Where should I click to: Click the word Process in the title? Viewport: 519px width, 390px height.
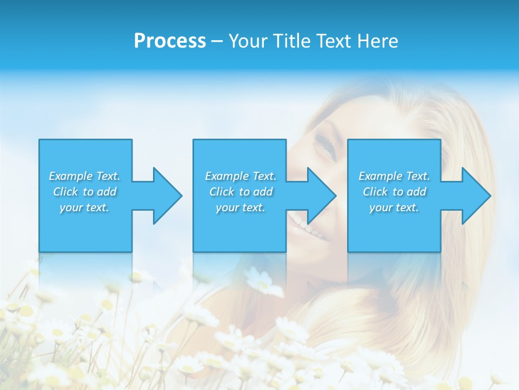coord(170,41)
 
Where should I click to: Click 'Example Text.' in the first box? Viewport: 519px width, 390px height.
coord(84,176)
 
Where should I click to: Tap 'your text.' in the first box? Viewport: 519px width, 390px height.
coord(84,207)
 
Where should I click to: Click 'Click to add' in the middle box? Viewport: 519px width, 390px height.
coord(240,192)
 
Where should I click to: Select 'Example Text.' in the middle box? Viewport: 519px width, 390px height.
coord(240,176)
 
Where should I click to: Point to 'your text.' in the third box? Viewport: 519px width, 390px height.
coord(394,207)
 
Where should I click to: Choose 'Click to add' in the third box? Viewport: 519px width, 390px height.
coord(394,192)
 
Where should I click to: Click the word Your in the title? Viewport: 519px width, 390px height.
coord(248,41)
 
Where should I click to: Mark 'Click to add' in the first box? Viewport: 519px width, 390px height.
coord(84,192)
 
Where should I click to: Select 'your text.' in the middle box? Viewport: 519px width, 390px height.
coord(240,207)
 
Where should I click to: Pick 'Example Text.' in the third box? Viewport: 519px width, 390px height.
coord(394,176)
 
